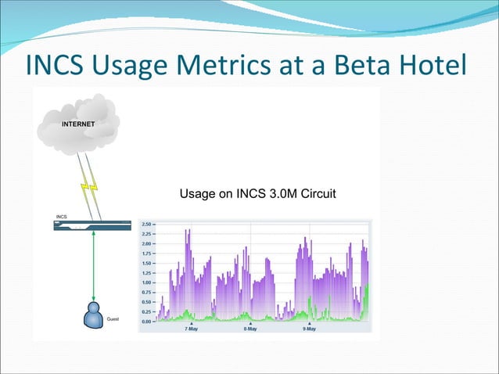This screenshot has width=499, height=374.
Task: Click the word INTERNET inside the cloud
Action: pos(78,124)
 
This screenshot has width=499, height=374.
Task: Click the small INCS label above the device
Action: pos(62,216)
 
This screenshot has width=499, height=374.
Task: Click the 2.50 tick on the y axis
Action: pos(146,223)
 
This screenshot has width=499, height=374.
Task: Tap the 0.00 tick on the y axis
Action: pos(146,321)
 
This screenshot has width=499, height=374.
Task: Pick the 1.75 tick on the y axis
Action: pos(146,253)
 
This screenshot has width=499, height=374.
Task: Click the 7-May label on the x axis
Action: pos(192,329)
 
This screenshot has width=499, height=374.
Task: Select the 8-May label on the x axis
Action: pos(250,329)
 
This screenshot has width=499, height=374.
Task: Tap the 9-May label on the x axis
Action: pos(310,329)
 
